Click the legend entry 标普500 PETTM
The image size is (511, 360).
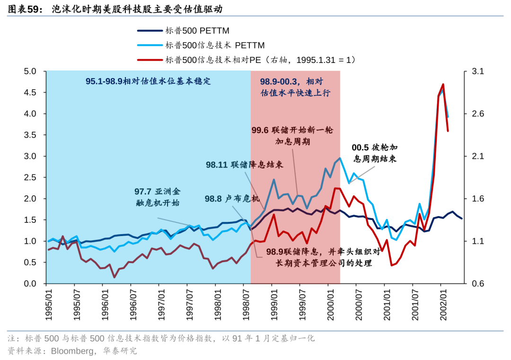pos(197,31)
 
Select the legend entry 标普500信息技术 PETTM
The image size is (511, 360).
pos(214,45)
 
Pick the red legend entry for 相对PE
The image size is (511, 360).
pos(260,60)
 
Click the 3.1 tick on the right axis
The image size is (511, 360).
pos(478,71)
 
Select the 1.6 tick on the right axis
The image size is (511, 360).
pos(478,199)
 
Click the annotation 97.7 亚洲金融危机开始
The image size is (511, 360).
pos(157,197)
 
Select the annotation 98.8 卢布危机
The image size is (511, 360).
pos(232,199)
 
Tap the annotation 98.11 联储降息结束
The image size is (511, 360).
pos(244,165)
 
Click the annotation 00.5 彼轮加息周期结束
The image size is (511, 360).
pos(374,153)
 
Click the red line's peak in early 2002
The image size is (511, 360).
pos(442,85)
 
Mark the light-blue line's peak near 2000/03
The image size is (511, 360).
pos(340,158)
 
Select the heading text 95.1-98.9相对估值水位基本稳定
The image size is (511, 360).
pos(148,81)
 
